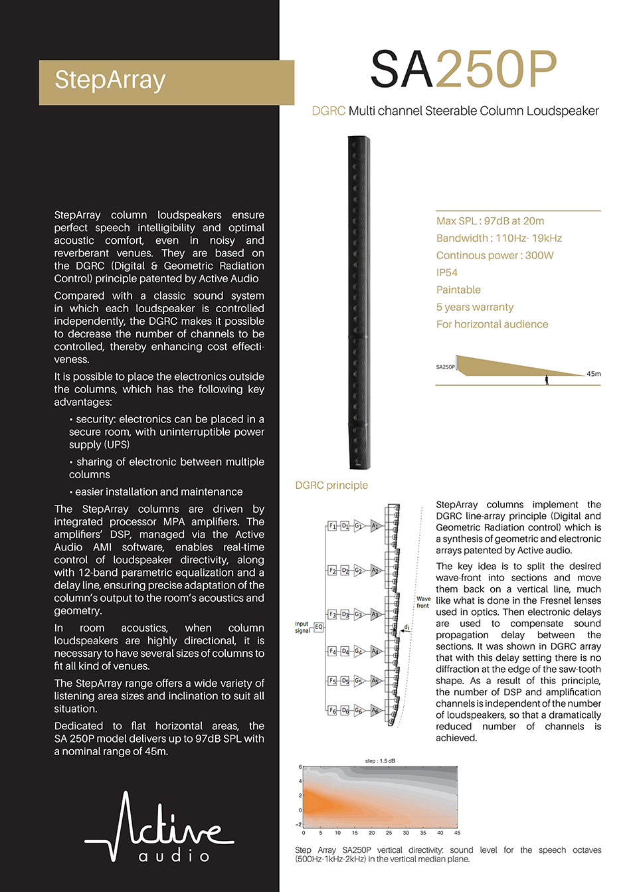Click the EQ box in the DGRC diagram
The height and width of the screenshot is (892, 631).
point(319,626)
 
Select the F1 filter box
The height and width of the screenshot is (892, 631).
point(333,525)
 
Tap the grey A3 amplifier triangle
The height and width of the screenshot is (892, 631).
point(375,614)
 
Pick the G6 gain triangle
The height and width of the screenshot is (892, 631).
point(359,710)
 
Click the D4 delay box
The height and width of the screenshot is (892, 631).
point(345,651)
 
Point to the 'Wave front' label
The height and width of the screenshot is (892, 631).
point(423,602)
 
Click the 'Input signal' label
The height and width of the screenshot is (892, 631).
point(302,627)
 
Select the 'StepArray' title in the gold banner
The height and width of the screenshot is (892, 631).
point(110,80)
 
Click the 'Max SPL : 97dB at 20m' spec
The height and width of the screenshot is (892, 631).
point(490,221)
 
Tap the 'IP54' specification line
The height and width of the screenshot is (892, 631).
point(446,272)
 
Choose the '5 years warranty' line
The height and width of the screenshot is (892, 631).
point(474,307)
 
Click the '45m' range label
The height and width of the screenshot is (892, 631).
point(593,373)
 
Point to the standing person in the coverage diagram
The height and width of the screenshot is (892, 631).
point(547,380)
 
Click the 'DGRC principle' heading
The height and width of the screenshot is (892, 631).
point(331,485)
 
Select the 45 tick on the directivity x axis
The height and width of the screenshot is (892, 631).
point(457,832)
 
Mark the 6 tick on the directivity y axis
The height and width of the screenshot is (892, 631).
point(300,766)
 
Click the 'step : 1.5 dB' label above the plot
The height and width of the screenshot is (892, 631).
point(380,760)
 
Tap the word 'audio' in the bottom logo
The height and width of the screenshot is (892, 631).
point(174,855)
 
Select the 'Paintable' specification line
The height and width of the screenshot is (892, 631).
point(458,290)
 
